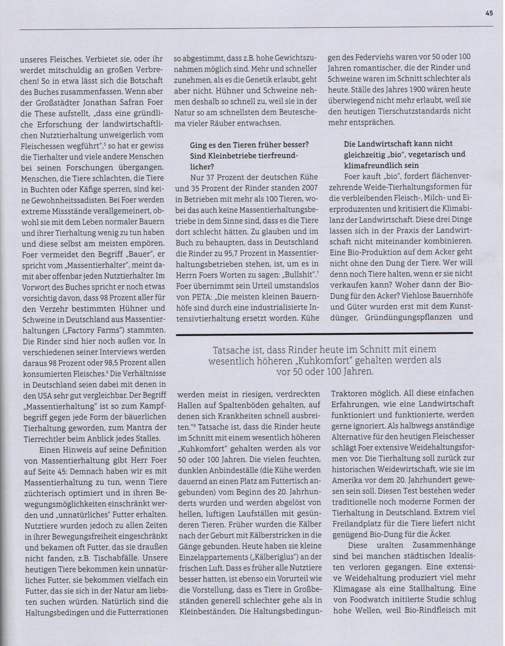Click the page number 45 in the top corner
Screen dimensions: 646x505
click(489, 13)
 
